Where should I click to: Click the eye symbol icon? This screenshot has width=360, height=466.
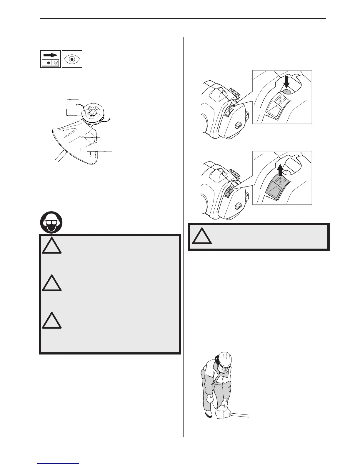(72, 59)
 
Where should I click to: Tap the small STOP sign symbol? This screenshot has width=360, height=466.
(56, 63)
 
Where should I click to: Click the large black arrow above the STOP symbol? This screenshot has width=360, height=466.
(50, 55)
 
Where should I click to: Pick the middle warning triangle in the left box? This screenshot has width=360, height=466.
(52, 283)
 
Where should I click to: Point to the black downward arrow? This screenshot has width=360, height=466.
(286, 82)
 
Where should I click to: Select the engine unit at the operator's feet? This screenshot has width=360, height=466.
(223, 413)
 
